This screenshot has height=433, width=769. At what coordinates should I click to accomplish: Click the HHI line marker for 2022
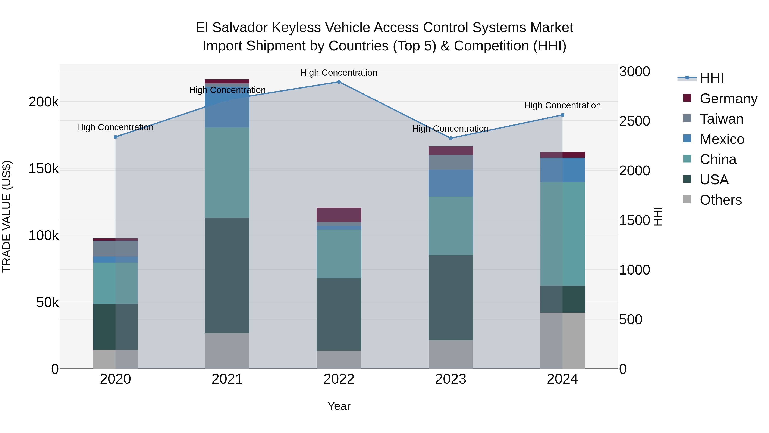coord(339,82)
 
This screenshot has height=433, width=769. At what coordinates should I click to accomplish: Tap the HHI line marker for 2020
coord(116,137)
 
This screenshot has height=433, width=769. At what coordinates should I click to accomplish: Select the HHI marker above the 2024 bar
coord(562,115)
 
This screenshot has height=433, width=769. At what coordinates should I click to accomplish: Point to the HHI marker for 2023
coord(451,138)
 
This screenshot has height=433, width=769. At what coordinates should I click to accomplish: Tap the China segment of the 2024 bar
coord(562,234)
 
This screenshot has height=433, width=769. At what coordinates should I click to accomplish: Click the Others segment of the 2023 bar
coord(451,354)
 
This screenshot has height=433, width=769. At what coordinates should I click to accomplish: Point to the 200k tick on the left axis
coord(44,102)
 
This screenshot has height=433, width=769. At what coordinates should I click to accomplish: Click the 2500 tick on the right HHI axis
coord(634,121)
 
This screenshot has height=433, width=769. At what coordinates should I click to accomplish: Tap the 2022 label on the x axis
coord(339,379)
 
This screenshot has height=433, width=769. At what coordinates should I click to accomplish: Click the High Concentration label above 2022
coord(339,73)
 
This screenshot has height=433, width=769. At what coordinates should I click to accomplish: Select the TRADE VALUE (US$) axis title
coord(7,216)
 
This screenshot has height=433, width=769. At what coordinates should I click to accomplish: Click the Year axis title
coord(339,406)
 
